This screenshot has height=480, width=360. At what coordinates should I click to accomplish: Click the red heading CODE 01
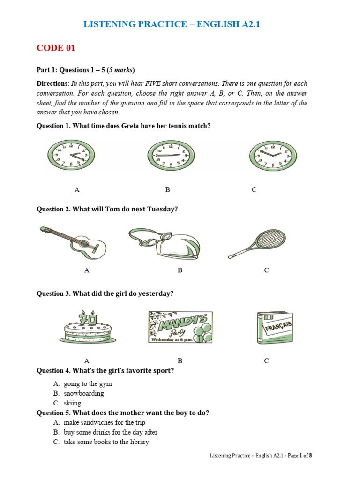pyautogui.click(x=56, y=48)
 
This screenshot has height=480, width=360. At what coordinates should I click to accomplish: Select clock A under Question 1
pyautogui.click(x=68, y=154)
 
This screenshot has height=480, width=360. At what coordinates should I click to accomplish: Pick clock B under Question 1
pyautogui.click(x=168, y=154)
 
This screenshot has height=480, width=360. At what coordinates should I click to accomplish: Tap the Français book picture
pyautogui.click(x=275, y=328)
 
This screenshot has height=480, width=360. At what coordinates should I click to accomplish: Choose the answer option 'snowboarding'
pyautogui.click(x=84, y=393)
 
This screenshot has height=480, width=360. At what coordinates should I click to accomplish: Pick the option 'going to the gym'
pyautogui.click(x=88, y=384)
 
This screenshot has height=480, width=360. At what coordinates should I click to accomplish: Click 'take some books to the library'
pyautogui.click(x=106, y=442)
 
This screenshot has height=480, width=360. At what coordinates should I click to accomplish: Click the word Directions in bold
pyautogui.click(x=52, y=83)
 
